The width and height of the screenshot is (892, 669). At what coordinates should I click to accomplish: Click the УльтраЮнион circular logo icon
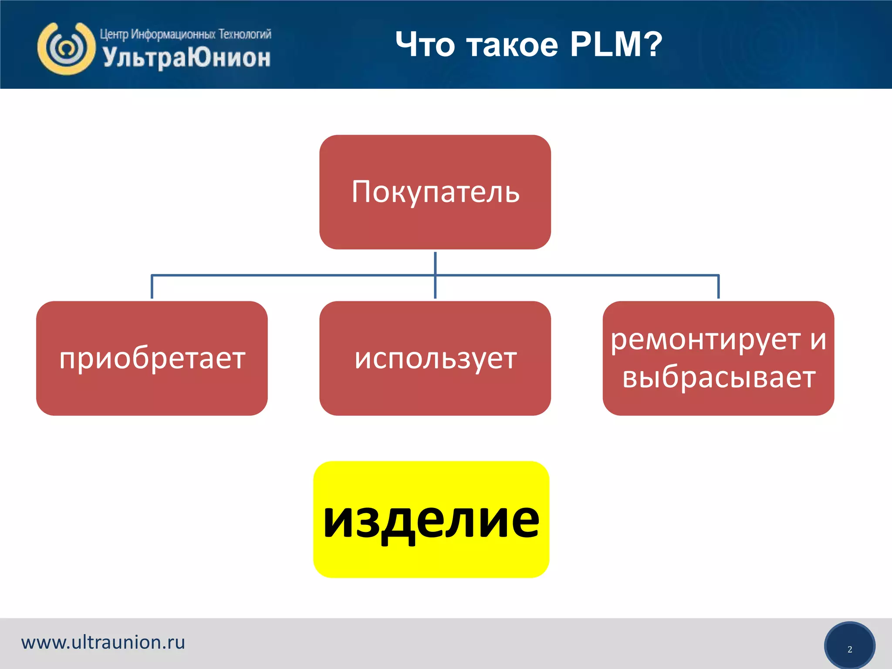coord(66,48)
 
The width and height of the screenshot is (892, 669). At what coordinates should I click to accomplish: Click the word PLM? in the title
coord(616,44)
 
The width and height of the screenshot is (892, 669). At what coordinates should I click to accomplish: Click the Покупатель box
coord(435,192)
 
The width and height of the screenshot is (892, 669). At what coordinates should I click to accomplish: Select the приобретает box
coord(152,358)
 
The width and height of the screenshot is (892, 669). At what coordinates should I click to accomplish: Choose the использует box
coord(435,358)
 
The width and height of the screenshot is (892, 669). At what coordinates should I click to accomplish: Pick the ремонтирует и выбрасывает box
coord(718,358)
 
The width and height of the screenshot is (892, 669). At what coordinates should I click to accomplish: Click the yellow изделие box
coord(431,519)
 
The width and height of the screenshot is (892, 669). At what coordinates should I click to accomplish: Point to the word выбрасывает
coord(719,377)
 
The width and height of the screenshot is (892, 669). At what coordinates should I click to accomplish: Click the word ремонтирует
coord(706,340)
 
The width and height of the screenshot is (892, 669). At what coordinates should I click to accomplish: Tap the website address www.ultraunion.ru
coord(103,642)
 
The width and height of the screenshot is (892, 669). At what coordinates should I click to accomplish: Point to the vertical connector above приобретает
coord(152,287)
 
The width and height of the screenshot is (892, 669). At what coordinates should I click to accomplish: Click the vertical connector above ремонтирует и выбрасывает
coord(718,287)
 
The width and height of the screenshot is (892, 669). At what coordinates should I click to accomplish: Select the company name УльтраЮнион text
coord(187,57)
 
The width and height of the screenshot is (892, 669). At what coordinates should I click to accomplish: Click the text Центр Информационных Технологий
coord(186,34)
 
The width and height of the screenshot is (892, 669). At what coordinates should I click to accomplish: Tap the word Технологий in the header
coord(245,34)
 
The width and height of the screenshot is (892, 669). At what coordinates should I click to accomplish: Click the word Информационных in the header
coord(173,34)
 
